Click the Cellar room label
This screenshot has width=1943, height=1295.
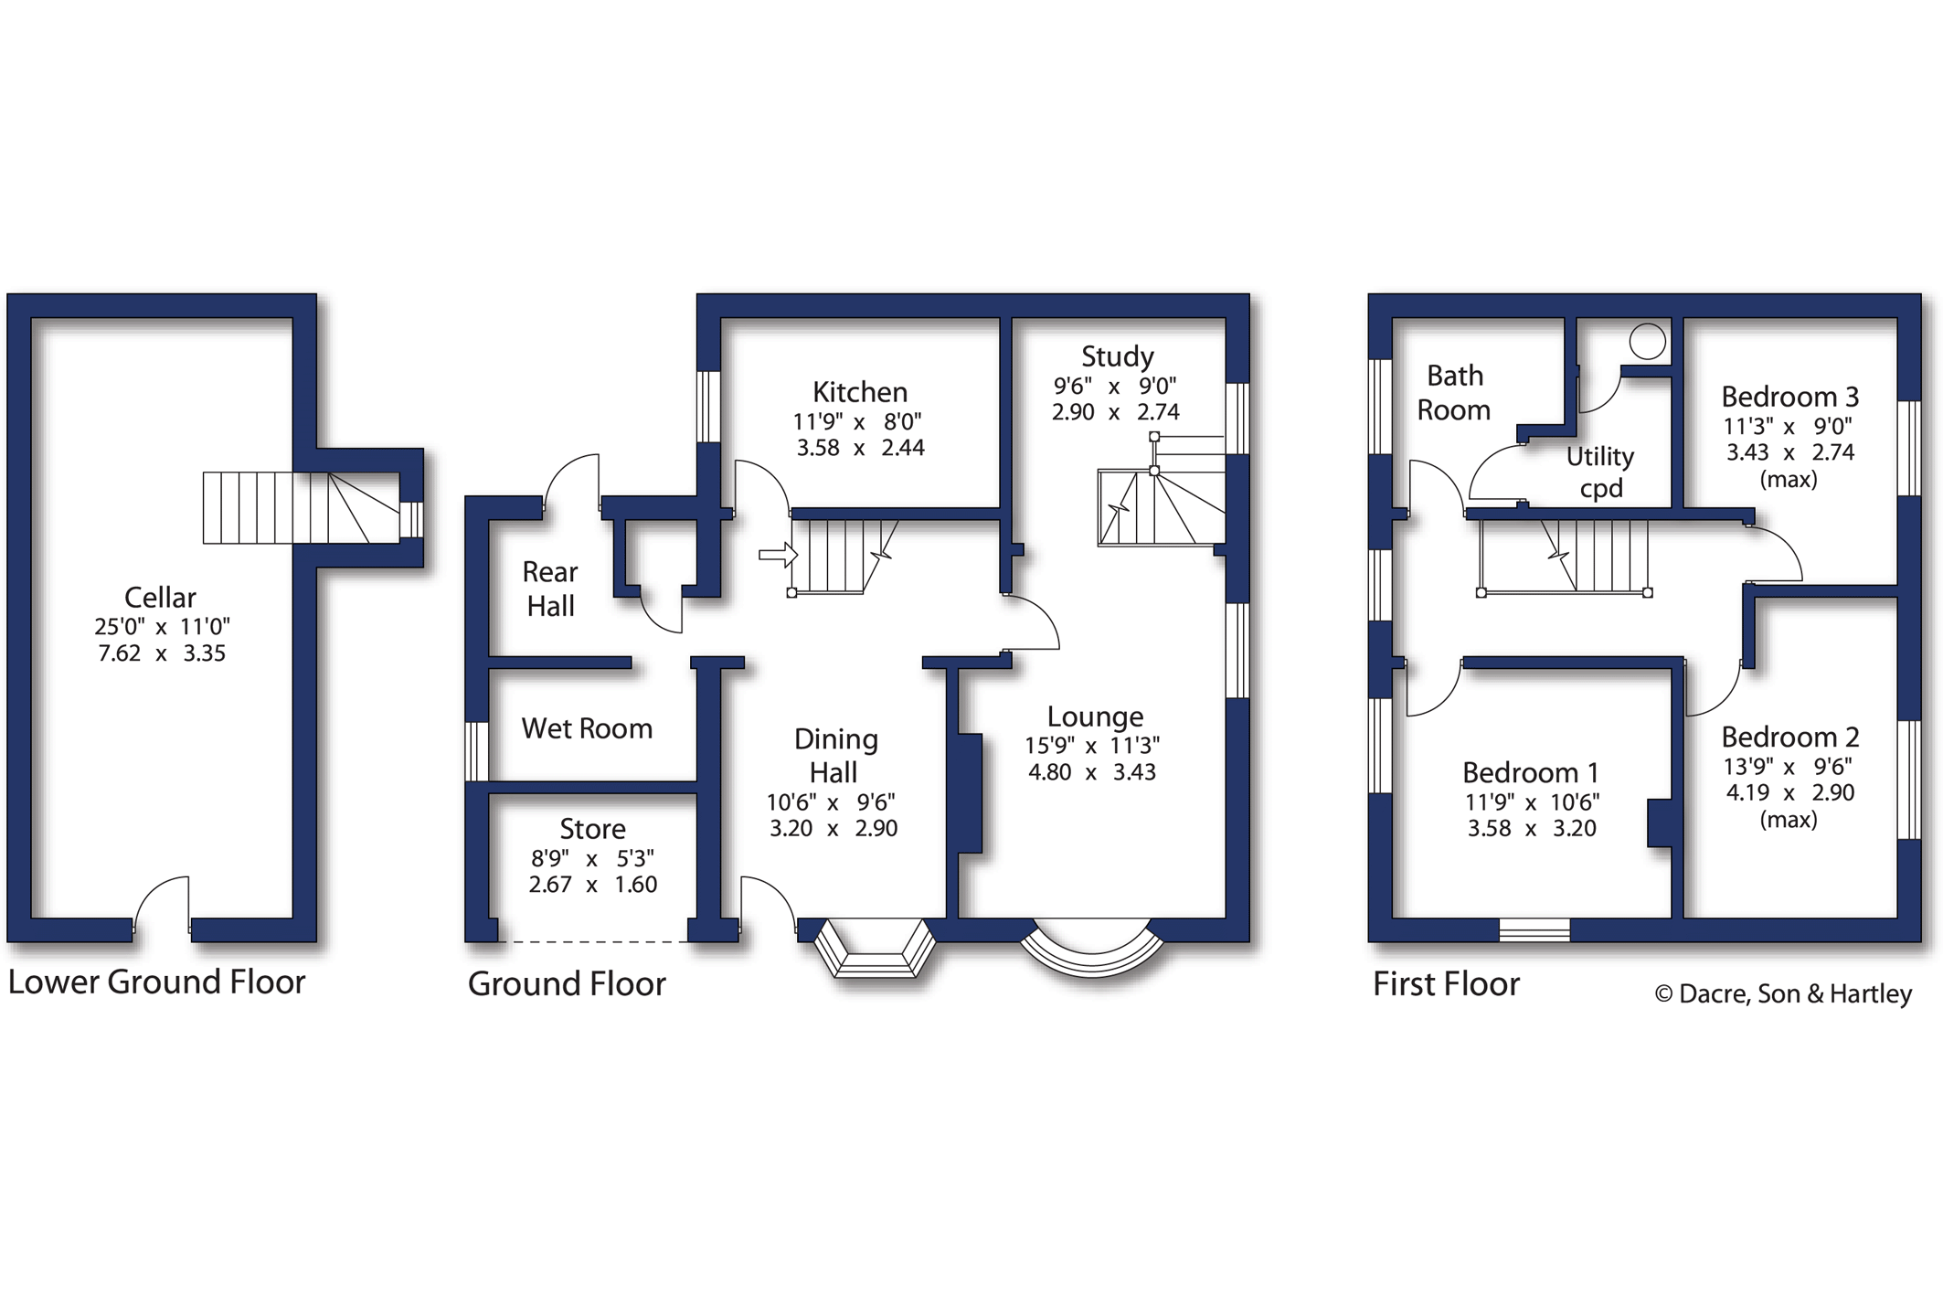(160, 598)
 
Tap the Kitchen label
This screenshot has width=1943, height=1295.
(860, 392)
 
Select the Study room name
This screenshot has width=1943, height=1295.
(1117, 357)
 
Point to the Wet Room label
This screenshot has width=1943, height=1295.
(587, 728)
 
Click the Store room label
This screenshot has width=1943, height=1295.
(592, 829)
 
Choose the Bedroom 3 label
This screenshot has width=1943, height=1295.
(1789, 397)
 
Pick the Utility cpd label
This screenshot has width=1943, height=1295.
(1600, 472)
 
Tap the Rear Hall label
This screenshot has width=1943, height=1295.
(550, 589)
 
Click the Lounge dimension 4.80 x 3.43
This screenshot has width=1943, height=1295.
(1092, 772)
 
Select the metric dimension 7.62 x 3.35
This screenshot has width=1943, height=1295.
(162, 653)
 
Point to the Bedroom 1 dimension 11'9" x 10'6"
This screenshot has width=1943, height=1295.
(1532, 802)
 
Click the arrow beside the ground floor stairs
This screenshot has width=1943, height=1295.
(779, 554)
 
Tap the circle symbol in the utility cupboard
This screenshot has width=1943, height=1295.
(1647, 342)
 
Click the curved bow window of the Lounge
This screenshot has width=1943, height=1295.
(1092, 960)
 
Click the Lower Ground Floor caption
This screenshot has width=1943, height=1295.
(156, 982)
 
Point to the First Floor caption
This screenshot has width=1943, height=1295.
(1446, 984)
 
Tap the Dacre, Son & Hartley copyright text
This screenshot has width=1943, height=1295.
(1783, 994)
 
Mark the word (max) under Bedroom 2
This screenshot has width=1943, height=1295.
(1789, 820)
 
